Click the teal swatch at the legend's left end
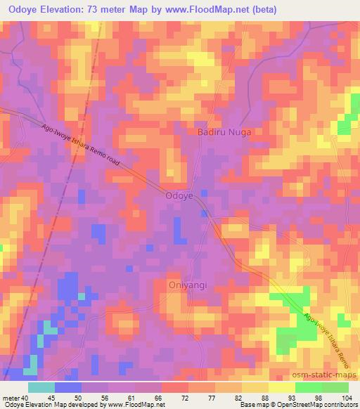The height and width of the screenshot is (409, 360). (42, 387)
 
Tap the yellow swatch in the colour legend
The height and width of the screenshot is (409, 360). (281, 387)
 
